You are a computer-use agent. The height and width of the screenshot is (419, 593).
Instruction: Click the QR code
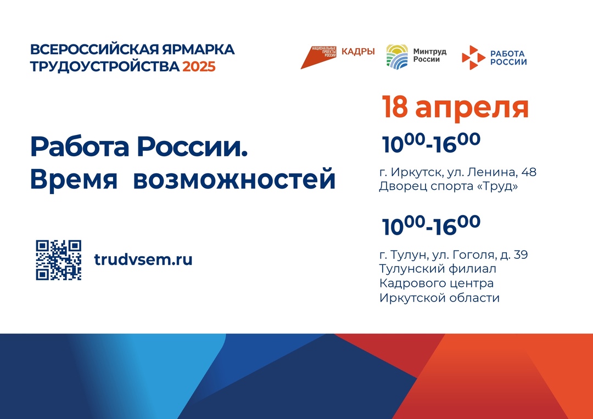(x=59, y=260)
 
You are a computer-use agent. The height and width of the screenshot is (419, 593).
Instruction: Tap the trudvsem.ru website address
(x=143, y=259)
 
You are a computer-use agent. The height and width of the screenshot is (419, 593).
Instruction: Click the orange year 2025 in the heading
(x=199, y=66)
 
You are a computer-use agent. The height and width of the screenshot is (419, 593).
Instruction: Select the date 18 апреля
(x=455, y=107)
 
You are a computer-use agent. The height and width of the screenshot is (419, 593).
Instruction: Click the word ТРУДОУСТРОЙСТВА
(x=105, y=66)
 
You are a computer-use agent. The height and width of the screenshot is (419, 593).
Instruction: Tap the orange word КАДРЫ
(x=358, y=52)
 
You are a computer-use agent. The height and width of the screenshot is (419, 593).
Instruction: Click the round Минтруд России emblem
(x=397, y=56)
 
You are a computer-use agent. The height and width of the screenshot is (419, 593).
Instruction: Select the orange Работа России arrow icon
(x=473, y=58)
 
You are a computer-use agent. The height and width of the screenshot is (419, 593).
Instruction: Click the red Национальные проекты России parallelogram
(x=318, y=58)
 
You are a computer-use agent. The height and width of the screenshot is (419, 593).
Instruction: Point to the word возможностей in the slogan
(x=234, y=179)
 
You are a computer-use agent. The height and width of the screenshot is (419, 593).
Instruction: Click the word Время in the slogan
(x=74, y=179)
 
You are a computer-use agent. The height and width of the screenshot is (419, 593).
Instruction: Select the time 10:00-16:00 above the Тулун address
(x=431, y=225)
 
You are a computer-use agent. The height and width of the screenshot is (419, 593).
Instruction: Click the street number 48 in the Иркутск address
(x=529, y=172)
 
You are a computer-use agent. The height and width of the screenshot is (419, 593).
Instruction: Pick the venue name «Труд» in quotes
(x=500, y=186)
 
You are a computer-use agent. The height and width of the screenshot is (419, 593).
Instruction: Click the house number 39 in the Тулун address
(x=521, y=254)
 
